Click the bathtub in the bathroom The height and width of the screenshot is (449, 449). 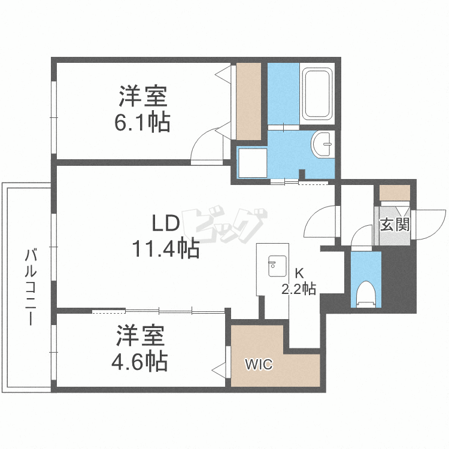tap(317, 93)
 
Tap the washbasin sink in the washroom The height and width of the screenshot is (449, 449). tap(323, 144)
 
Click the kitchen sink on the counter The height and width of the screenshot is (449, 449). tap(277, 266)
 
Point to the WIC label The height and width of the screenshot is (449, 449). tap(259, 365)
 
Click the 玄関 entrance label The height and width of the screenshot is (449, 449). tap(395, 224)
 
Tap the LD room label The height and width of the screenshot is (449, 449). tap(165, 223)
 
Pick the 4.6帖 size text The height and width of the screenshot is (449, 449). tap(139, 362)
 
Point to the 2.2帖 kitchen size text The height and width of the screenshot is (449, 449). tap(299, 289)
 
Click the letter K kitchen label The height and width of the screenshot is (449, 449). tap(299, 274)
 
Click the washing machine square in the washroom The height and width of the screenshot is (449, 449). tap(253, 163)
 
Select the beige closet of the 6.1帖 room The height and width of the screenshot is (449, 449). tap(248, 101)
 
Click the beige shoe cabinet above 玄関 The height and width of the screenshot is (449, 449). tap(395, 193)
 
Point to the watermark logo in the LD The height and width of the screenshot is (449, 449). tap(224, 224)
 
